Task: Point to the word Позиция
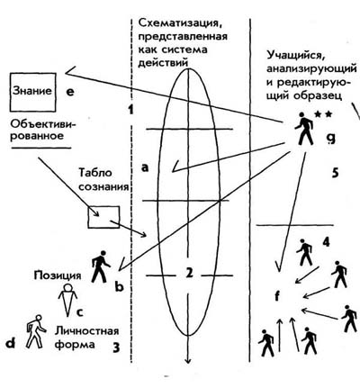(58, 275)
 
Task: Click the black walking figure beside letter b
(101, 266)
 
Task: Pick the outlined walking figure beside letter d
(36, 331)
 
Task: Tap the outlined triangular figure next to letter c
(68, 298)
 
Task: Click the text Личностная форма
(87, 338)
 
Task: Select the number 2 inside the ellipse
(189, 273)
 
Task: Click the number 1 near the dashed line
(130, 109)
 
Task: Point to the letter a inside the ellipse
(145, 167)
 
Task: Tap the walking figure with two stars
(304, 129)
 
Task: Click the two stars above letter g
(323, 114)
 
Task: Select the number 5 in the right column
(336, 173)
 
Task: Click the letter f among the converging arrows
(277, 296)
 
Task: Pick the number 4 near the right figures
(326, 242)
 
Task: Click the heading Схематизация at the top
(182, 23)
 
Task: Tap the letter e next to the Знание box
(69, 92)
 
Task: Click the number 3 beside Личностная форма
(116, 347)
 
